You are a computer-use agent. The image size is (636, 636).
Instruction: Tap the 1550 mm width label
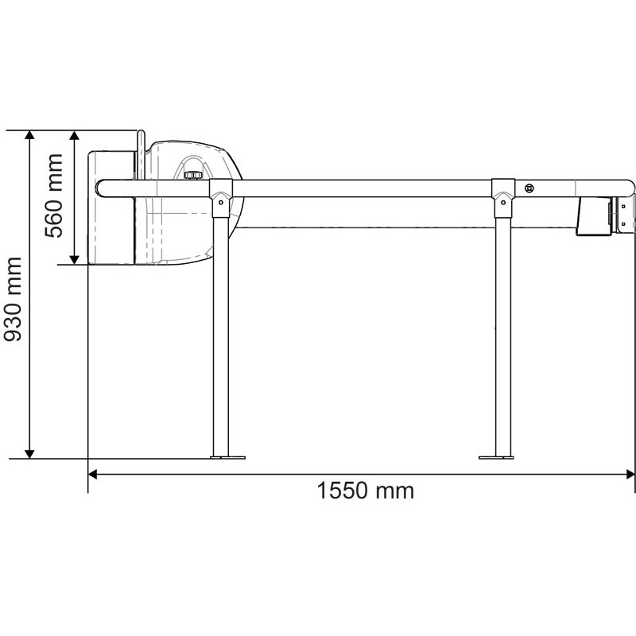366,491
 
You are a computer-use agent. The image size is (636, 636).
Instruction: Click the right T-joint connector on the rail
502,192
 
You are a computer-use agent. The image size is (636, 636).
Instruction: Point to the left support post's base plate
227,456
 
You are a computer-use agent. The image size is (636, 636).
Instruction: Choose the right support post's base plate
497,456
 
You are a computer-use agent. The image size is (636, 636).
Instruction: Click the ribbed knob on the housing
192,174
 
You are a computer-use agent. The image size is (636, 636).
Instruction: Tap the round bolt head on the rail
529,188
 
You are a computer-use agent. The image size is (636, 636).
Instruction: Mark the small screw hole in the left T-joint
219,202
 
